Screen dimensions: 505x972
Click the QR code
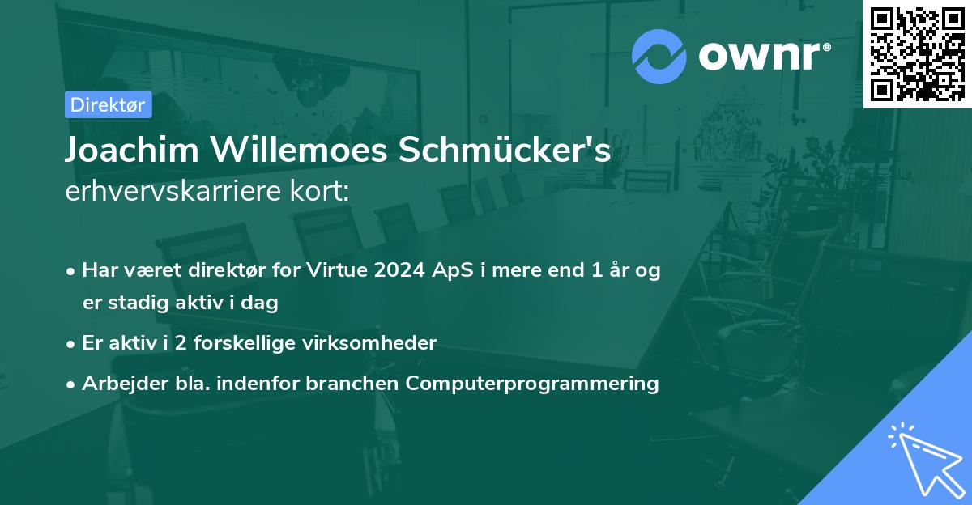pyautogui.click(x=918, y=53)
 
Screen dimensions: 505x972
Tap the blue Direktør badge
pyautogui.click(x=108, y=104)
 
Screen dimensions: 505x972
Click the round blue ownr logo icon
pyautogui.click(x=659, y=57)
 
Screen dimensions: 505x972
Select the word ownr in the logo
pyautogui.click(x=762, y=56)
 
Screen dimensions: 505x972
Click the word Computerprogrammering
pyautogui.click(x=532, y=383)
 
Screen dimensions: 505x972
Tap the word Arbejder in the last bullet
pyautogui.click(x=117, y=383)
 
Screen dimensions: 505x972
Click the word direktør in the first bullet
pyautogui.click(x=235, y=270)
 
